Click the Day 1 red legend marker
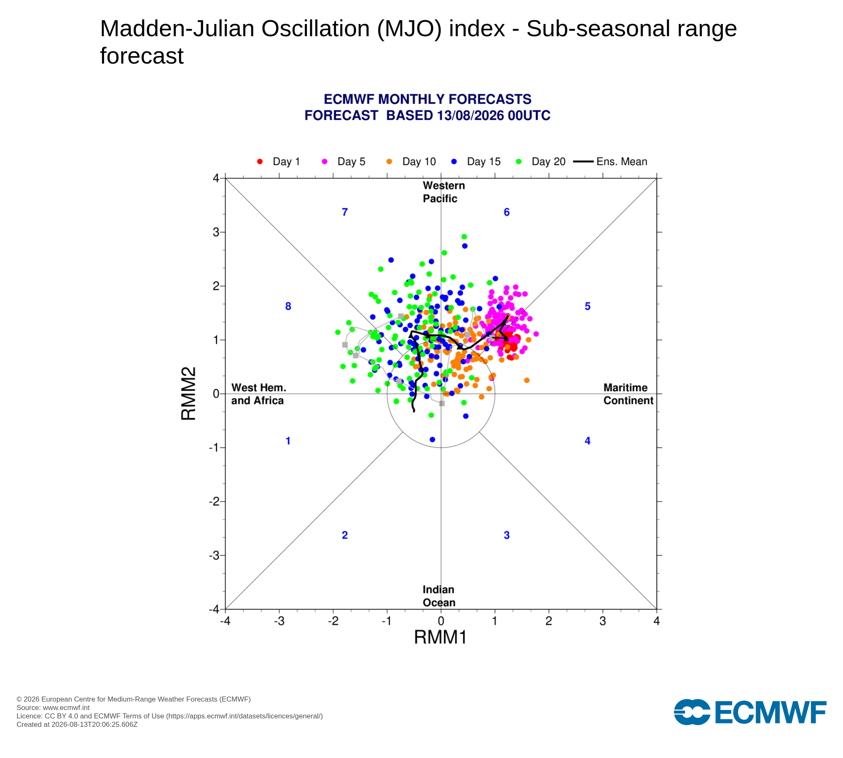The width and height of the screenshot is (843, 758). pyautogui.click(x=260, y=162)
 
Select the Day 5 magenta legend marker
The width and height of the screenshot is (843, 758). pyautogui.click(x=325, y=162)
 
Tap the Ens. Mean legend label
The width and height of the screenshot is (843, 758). pyautogui.click(x=622, y=162)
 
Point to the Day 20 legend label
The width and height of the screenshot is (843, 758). pyautogui.click(x=548, y=162)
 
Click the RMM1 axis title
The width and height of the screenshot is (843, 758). pyautogui.click(x=440, y=638)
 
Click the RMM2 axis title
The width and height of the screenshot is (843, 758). pyautogui.click(x=188, y=393)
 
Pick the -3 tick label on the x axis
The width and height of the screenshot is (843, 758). pyautogui.click(x=279, y=621)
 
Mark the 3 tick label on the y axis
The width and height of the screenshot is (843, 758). pyautogui.click(x=216, y=232)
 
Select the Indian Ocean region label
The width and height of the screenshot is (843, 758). pyautogui.click(x=439, y=596)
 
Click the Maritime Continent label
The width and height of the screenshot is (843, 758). pyautogui.click(x=628, y=394)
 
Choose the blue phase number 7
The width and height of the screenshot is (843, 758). pyautogui.click(x=345, y=212)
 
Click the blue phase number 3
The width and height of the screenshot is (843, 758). pyautogui.click(x=507, y=535)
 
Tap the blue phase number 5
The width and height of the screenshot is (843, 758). pyautogui.click(x=588, y=306)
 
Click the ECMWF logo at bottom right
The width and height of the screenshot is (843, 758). pyautogui.click(x=750, y=712)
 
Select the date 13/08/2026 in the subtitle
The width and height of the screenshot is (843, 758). pyautogui.click(x=470, y=115)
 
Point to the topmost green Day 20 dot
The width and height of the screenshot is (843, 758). pyautogui.click(x=464, y=237)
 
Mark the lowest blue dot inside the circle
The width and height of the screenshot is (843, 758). pyautogui.click(x=432, y=440)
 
